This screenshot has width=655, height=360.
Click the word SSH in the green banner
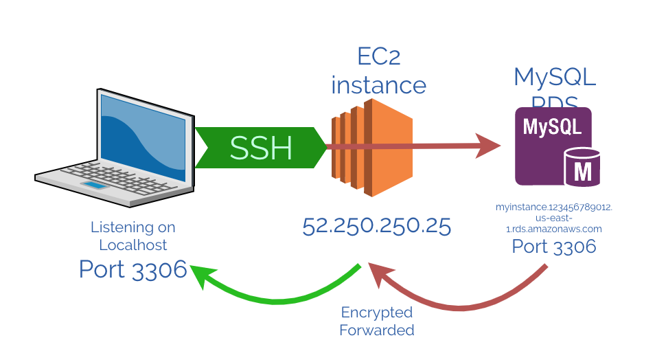261,148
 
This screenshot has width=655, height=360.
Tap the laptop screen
143,137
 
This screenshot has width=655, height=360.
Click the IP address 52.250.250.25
377,227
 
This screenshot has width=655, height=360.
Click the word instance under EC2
379,85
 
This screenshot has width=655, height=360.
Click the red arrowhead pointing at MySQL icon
489,146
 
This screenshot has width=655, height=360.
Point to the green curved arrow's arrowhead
201,275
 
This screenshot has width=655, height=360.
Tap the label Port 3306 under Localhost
133,269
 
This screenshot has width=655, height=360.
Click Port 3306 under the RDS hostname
554,247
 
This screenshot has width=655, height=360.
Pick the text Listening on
133,227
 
